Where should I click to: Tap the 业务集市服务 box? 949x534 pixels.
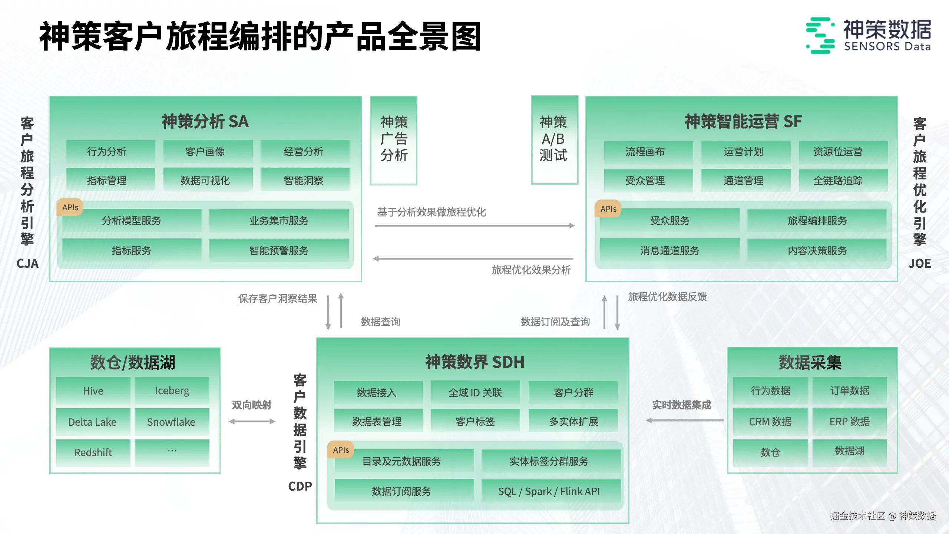coord(279,221)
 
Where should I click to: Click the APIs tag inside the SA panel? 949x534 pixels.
coord(70,208)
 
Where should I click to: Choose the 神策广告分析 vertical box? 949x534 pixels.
coord(394,140)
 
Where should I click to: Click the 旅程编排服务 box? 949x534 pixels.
coord(817,221)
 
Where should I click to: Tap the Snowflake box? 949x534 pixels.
coord(172,422)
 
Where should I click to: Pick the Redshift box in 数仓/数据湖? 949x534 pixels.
coord(93,452)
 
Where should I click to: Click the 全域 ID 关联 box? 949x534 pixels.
coord(475,393)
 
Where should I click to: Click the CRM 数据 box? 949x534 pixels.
coord(770,422)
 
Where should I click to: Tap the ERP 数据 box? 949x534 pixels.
coord(850,422)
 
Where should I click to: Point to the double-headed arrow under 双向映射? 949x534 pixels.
coord(252,421)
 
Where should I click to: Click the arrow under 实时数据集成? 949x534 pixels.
coord(684,421)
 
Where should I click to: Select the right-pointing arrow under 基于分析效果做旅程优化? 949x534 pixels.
coord(474,225)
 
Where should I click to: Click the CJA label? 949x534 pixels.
coord(27,264)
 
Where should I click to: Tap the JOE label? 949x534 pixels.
coord(919,264)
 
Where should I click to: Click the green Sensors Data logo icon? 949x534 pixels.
coord(820,36)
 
